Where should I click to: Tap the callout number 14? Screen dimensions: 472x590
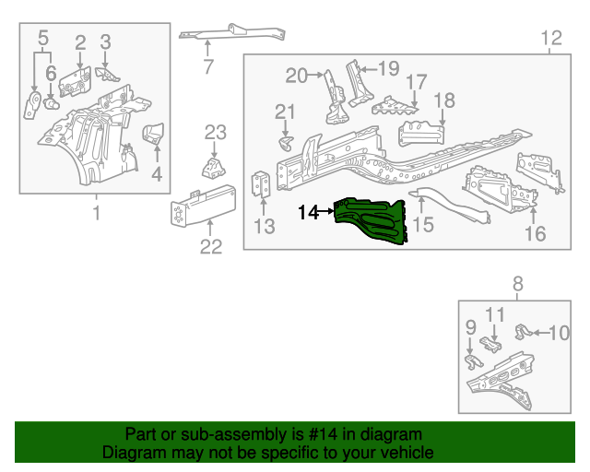[308, 212]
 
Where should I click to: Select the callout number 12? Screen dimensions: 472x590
[550, 38]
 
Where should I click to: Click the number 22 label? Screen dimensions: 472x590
[211, 246]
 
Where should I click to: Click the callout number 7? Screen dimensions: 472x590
[208, 66]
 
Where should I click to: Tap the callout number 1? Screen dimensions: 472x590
[95, 215]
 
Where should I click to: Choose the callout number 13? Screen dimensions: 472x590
[265, 227]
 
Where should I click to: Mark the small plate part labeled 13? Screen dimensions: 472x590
[262, 185]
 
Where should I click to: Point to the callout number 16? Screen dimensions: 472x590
[536, 233]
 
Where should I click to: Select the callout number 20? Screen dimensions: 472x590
[296, 76]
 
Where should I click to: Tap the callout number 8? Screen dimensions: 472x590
[517, 284]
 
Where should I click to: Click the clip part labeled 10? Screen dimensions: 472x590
[521, 330]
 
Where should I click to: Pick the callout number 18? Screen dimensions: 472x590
[444, 100]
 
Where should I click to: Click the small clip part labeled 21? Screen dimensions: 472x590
[286, 144]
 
